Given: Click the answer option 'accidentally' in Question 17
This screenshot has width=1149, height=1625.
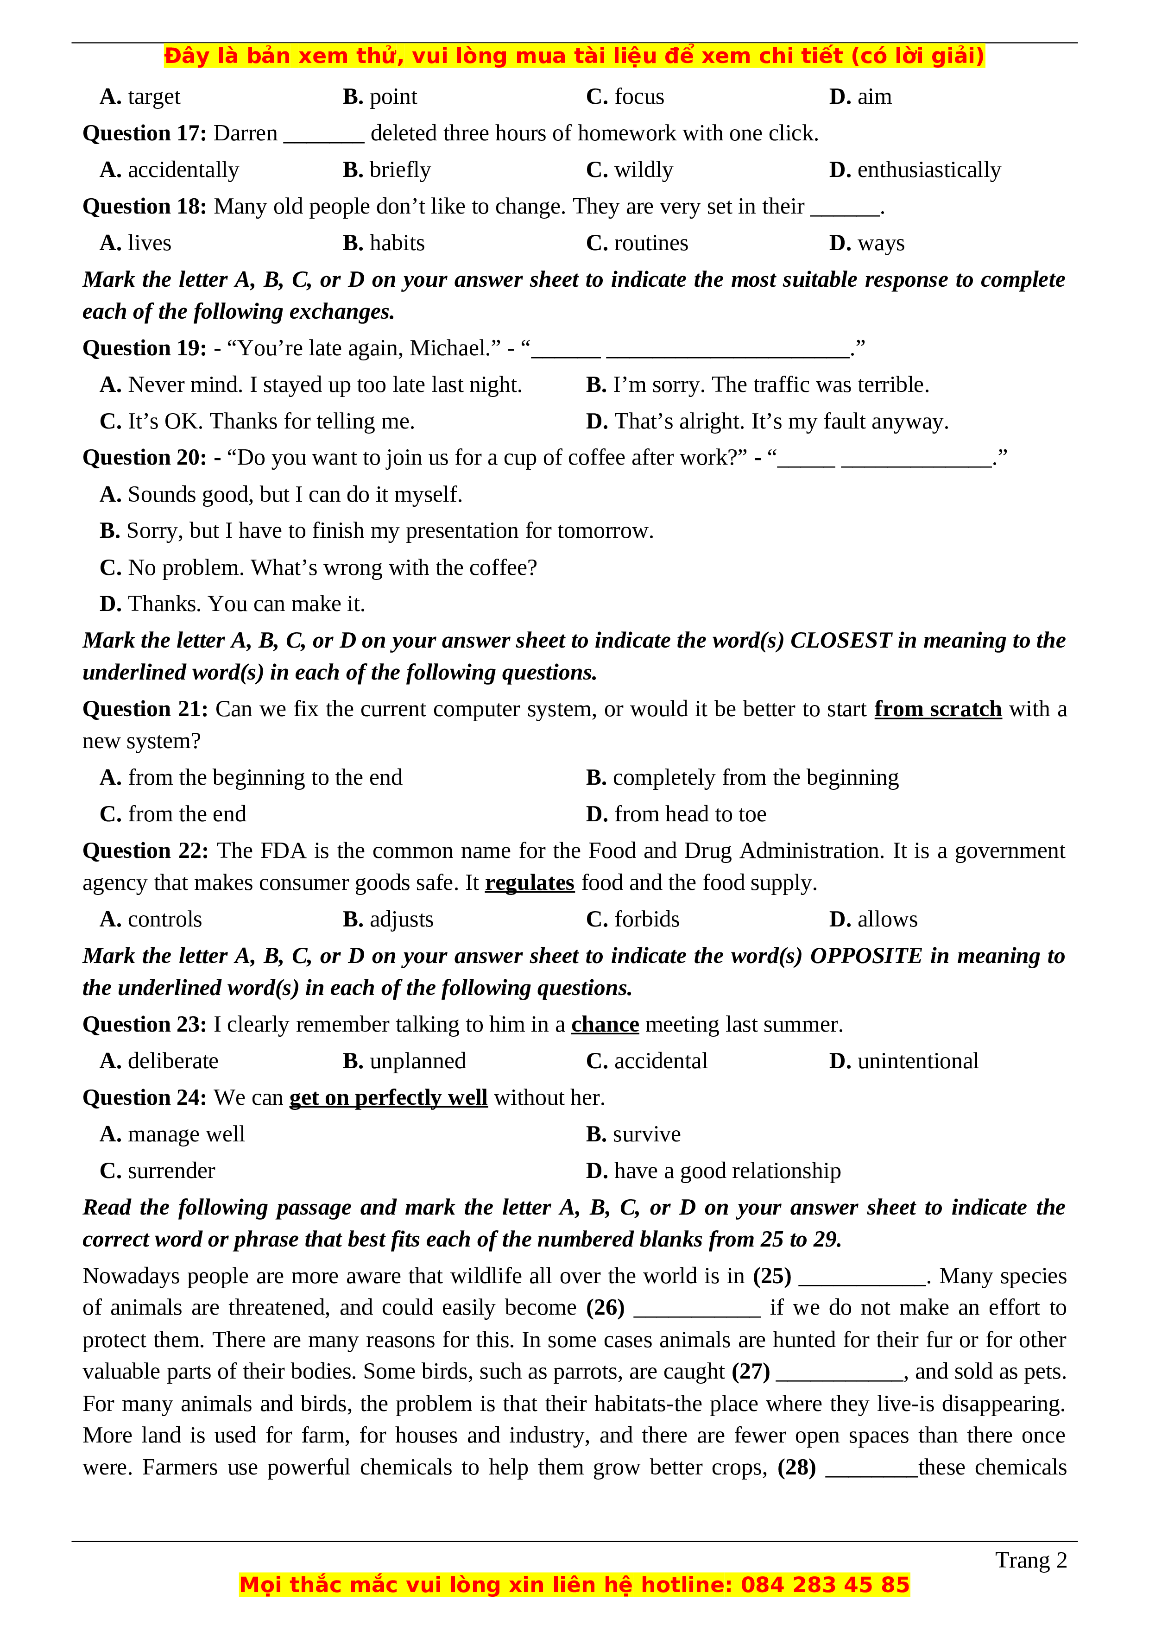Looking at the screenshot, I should click(x=183, y=170).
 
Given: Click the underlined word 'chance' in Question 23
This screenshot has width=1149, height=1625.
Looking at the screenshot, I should click(x=605, y=1025).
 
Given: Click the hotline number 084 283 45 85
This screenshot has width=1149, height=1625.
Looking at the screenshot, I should click(x=824, y=1585).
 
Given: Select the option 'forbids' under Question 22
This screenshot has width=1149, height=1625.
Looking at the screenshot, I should click(x=646, y=920).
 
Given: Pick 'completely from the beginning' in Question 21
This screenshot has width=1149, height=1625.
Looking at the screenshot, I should click(x=755, y=778).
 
